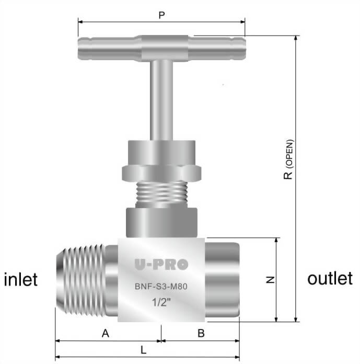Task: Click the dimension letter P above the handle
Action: (161, 15)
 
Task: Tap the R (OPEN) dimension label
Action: (288, 160)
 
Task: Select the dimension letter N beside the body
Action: (270, 280)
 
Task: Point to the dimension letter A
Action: (105, 333)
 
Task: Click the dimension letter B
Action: (201, 333)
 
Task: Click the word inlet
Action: (21, 279)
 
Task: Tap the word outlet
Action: (330, 278)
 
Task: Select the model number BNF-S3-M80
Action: (161, 286)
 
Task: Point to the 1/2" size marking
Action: (161, 302)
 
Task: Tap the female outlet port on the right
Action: (223, 279)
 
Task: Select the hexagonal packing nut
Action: (161, 173)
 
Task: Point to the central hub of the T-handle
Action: (161, 48)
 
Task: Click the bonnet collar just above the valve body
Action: (161, 222)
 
